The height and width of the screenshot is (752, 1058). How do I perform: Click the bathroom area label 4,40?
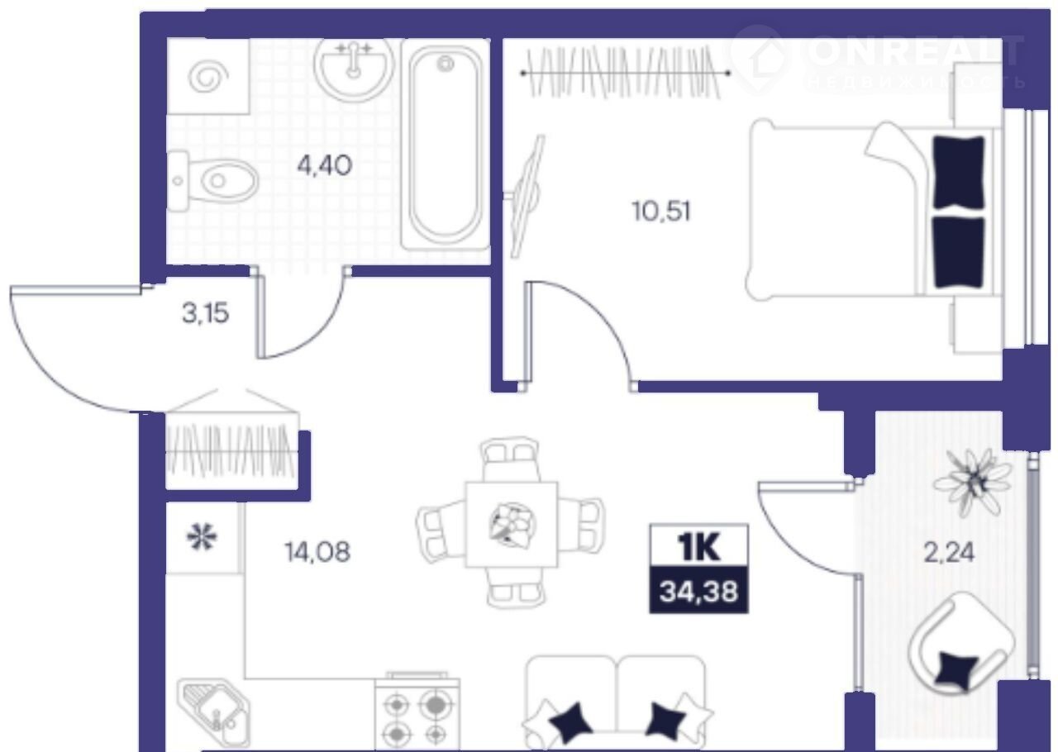point(325,166)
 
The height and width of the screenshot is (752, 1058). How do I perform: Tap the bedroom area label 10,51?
point(661,212)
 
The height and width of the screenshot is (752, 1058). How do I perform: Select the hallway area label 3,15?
point(206,313)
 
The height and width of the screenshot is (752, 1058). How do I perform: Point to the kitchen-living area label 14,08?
point(317,552)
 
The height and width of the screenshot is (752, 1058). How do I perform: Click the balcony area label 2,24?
point(949,552)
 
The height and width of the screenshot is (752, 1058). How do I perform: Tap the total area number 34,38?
point(698,591)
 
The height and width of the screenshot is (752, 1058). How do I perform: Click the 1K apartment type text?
point(698,547)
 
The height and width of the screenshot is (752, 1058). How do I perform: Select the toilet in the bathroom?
point(213,181)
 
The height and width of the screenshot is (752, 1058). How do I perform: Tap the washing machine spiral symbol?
point(207,77)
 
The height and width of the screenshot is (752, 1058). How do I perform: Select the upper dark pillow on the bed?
point(960,172)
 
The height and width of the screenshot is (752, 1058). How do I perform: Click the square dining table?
point(512,524)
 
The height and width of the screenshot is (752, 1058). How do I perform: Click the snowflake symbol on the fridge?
point(203,539)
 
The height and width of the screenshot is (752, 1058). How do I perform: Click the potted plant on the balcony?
point(973,481)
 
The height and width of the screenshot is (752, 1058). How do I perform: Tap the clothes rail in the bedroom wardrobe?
point(626,73)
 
